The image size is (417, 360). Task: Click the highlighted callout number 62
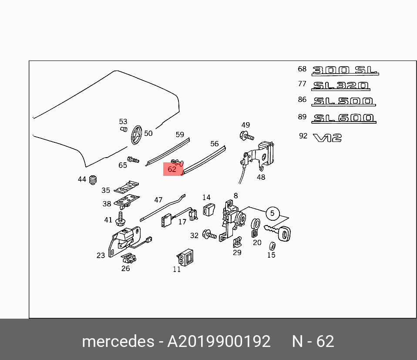click(172, 169)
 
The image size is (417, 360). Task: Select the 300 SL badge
click(345, 70)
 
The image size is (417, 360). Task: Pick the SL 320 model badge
click(341, 86)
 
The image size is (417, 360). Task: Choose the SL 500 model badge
click(343, 101)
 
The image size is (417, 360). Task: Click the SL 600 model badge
click(344, 118)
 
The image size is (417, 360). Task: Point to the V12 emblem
click(327, 138)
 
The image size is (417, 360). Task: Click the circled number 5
click(272, 213)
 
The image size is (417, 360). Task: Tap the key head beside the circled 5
click(284, 235)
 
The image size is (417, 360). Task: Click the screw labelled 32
click(210, 236)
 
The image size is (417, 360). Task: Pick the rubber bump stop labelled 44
click(92, 179)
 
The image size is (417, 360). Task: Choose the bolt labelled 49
click(246, 136)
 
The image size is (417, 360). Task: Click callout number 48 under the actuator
click(261, 177)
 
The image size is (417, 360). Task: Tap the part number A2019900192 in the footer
click(219, 341)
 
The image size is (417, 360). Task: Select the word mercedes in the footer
click(118, 341)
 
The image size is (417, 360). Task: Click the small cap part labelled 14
click(208, 209)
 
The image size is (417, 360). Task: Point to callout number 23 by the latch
click(101, 256)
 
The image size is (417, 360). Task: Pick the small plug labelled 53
click(123, 129)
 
